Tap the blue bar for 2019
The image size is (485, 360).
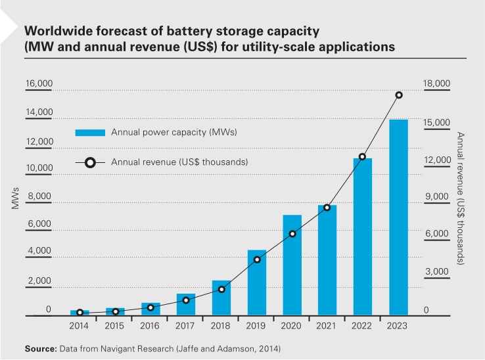point(257,282)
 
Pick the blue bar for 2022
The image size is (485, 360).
point(363,236)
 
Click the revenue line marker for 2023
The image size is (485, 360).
point(398,95)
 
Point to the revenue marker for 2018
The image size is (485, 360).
point(221,289)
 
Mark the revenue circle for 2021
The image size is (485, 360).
point(327,208)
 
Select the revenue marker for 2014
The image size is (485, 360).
point(80,313)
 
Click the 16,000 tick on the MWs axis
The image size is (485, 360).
point(39,85)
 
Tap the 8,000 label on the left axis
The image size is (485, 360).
point(39,196)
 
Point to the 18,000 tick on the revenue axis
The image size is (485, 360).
point(436,85)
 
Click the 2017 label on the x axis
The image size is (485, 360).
point(186,326)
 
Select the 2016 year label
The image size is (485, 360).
point(150,326)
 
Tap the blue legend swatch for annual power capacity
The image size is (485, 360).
point(90,133)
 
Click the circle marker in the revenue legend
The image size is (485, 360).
point(90,162)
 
